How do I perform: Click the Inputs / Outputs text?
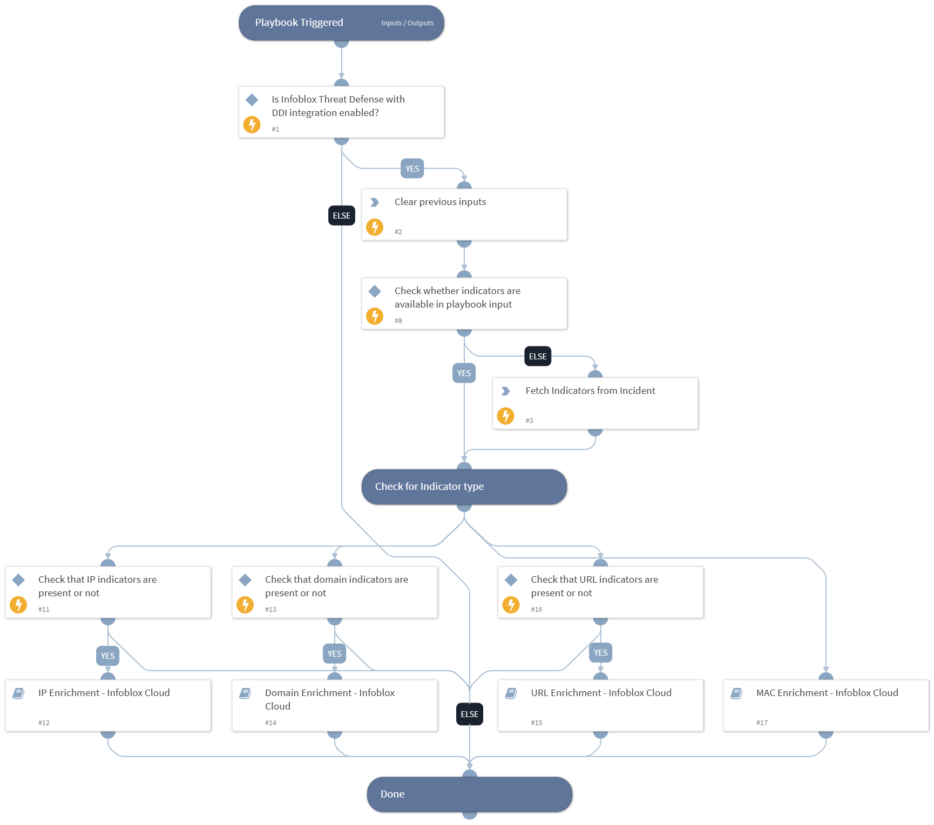(407, 23)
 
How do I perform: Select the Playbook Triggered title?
(299, 23)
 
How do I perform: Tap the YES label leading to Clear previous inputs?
(412, 169)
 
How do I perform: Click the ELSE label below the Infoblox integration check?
(341, 216)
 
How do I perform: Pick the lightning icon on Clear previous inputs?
(375, 227)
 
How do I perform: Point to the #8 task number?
(398, 321)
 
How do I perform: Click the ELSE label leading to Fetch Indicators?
(537, 357)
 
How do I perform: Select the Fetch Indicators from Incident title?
(590, 391)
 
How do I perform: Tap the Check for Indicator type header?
(429, 487)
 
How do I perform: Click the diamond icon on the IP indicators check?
(19, 580)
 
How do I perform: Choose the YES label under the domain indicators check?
(334, 654)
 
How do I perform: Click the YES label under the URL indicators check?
(600, 653)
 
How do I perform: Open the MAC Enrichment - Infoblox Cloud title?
(827, 693)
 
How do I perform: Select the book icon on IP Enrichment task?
(18, 693)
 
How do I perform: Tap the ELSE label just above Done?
(469, 714)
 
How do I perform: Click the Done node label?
(392, 794)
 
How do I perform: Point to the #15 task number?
(536, 723)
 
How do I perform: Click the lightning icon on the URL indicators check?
(511, 605)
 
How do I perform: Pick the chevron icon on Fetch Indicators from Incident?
(505, 391)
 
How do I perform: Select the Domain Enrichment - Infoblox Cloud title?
(329, 699)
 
